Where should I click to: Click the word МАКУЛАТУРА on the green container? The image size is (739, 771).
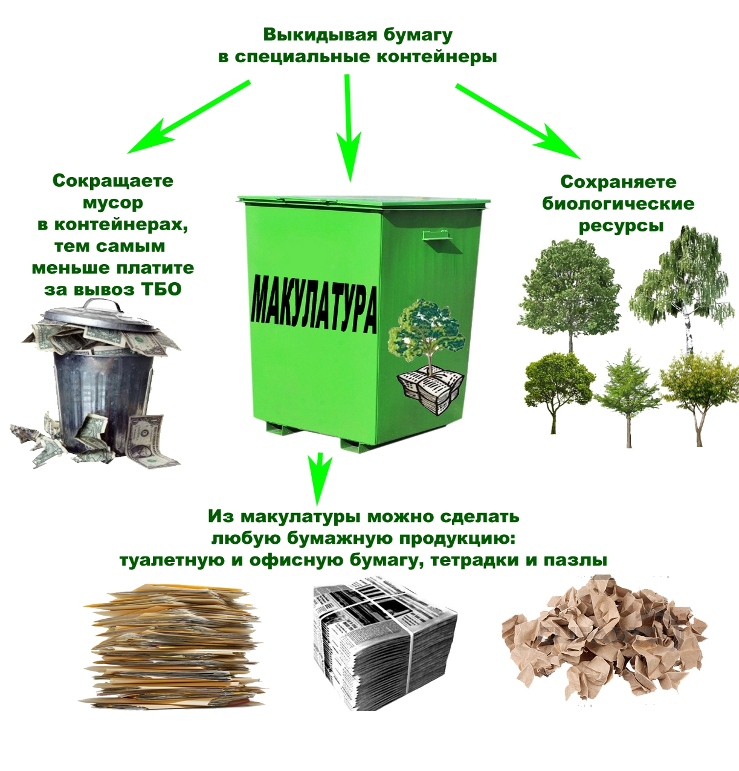click(x=314, y=305)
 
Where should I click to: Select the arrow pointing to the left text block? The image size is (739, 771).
click(x=189, y=117)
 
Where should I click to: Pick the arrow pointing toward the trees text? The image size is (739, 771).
click(x=518, y=121)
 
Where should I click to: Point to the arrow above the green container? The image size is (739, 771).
click(x=349, y=128)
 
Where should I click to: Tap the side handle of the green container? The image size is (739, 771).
click(x=437, y=235)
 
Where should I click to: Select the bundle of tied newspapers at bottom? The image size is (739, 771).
click(x=385, y=645)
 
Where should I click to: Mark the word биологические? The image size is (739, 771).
click(x=618, y=204)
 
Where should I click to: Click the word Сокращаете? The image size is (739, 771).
click(x=113, y=181)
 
